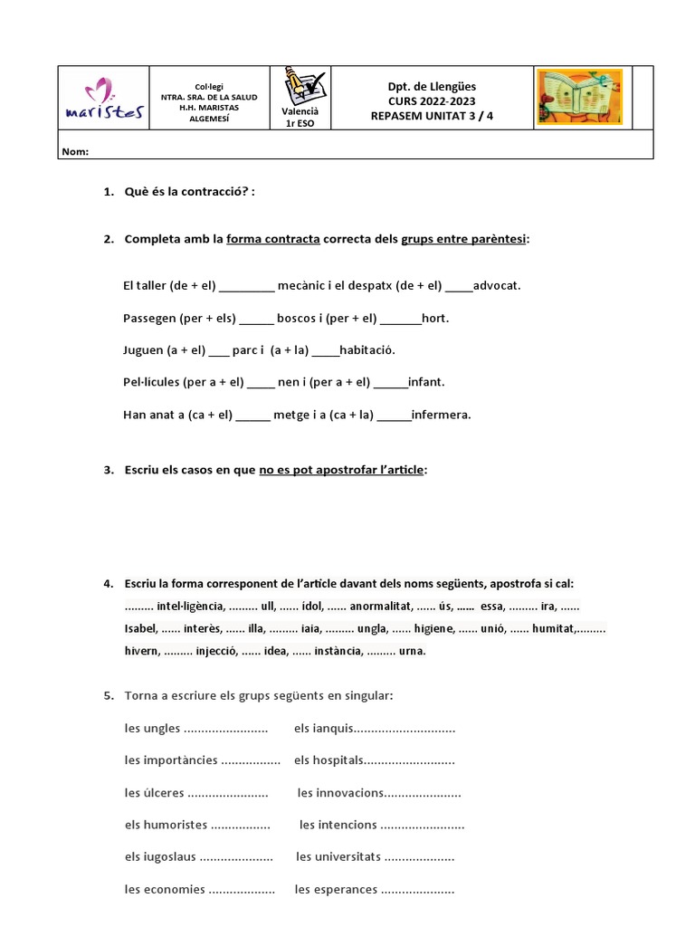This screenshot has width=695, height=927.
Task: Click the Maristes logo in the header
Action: (102, 100)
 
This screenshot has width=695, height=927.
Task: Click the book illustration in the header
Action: (579, 97)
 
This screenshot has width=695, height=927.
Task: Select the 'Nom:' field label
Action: (75, 151)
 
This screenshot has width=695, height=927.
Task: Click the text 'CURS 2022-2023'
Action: (431, 101)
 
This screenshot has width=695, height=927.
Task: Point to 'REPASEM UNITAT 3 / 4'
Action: (432, 116)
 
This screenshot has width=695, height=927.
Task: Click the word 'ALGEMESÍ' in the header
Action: (208, 119)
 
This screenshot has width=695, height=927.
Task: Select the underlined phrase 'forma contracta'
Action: (273, 239)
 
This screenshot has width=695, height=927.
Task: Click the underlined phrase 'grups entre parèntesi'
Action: (464, 239)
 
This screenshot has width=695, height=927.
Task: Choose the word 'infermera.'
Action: (442, 415)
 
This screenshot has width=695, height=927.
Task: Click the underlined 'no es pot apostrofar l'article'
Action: (341, 470)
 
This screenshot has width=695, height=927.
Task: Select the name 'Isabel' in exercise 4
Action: (140, 628)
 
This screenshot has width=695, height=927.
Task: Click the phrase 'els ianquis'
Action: (323, 729)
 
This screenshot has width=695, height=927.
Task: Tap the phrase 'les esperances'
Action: (336, 889)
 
